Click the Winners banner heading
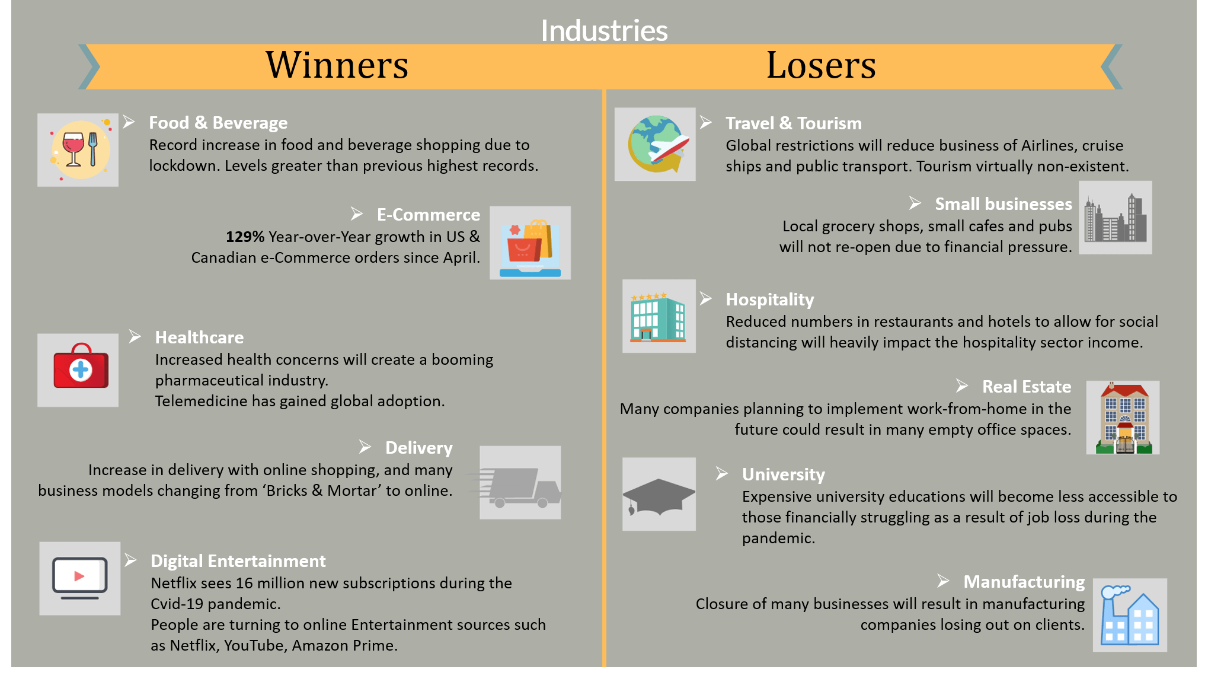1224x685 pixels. [337, 65]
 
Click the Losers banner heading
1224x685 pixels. [821, 65]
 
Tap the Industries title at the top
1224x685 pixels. [604, 31]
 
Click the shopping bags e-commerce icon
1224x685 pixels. [530, 243]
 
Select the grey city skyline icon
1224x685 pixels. [1116, 218]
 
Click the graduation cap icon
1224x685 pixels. [659, 494]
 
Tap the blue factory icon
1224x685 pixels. [1130, 615]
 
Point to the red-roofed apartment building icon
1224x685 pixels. [1123, 418]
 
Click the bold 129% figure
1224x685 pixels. [245, 237]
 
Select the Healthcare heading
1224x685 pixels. [199, 337]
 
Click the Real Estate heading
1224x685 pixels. [1027, 387]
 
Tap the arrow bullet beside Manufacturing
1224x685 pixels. [943, 581]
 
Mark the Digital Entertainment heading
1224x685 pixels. [238, 561]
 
